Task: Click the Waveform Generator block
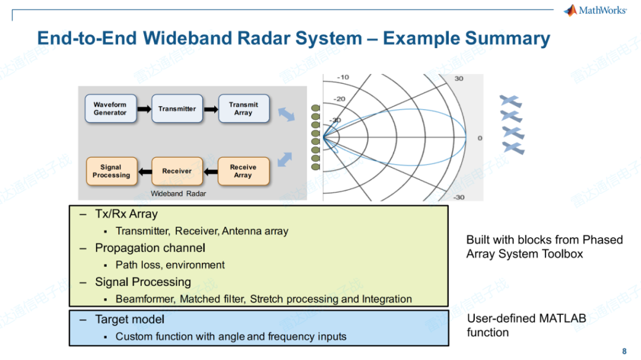coord(110,109)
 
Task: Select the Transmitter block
coord(177,109)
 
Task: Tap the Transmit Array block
coord(243,109)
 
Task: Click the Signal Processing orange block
coord(112,171)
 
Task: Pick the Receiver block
coord(177,171)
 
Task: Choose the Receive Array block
coord(243,171)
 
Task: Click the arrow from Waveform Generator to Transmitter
coord(144,109)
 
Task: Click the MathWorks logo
coord(595,10)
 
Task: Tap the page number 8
coord(624,351)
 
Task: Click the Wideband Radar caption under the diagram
coord(179,194)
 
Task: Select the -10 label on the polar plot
coord(343,78)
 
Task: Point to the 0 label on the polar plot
coord(480,138)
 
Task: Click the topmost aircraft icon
coord(510,101)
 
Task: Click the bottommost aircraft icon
coord(513,147)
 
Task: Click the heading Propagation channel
coord(150,248)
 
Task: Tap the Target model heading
coord(129,320)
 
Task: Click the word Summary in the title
coord(507,39)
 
